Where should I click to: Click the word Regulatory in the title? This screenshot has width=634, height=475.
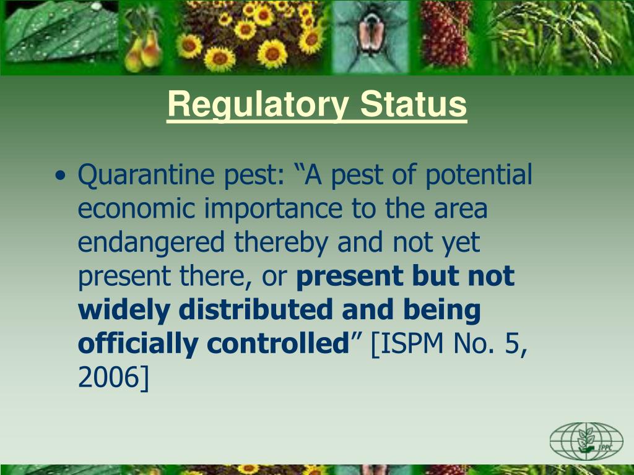[258, 105]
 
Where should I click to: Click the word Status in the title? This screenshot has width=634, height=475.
[413, 104]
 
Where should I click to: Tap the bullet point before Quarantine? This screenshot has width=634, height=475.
[60, 176]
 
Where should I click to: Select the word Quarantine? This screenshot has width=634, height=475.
[146, 175]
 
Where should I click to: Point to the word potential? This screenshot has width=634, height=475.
[479, 175]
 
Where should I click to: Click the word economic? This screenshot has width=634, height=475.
[137, 208]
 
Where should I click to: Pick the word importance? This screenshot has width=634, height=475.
[274, 209]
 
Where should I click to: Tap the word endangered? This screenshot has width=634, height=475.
[151, 243]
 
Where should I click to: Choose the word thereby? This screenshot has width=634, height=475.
[281, 243]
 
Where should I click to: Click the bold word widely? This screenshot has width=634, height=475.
[124, 310]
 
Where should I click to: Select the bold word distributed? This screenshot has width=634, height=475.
[256, 309]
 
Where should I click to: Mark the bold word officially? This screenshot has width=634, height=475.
[138, 344]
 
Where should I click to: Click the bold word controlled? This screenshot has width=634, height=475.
[278, 343]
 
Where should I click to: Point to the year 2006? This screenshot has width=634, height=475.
[108, 377]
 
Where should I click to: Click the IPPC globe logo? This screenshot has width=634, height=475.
[586, 442]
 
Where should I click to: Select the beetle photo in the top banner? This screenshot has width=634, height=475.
[370, 37]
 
